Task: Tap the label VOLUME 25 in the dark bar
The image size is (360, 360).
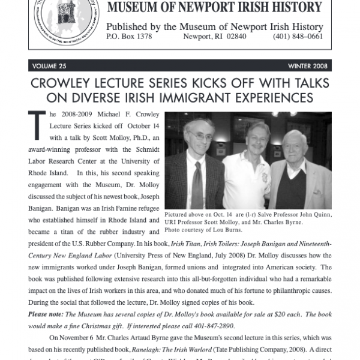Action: click(51, 65)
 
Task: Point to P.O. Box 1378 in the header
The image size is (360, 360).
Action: click(129, 37)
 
